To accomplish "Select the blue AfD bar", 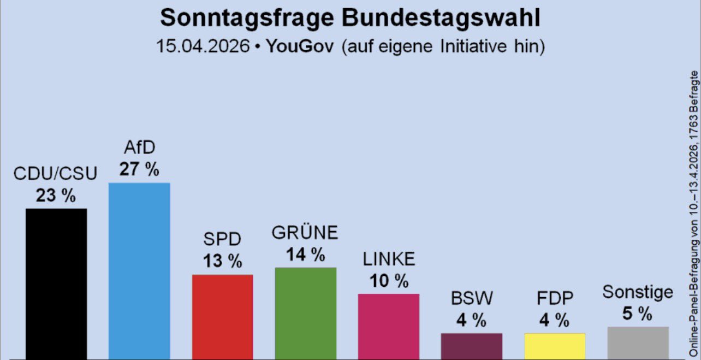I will (x=139, y=270).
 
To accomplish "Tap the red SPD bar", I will (x=222, y=316).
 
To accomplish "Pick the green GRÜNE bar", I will (x=305, y=313).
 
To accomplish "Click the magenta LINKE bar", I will (x=388, y=326).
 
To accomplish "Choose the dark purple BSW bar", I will (x=471, y=346).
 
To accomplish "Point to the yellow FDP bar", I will (x=554, y=346).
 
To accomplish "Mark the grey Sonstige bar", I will (x=637, y=343).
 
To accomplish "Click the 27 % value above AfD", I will (x=139, y=169).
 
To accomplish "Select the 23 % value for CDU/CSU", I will (x=56, y=195).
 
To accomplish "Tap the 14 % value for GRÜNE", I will (x=305, y=254).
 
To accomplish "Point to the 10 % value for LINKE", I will (x=388, y=281).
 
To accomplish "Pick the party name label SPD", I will (x=222, y=239).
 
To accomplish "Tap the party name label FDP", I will (x=554, y=298).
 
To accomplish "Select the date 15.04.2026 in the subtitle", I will (x=203, y=46).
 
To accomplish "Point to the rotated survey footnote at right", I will (x=694, y=213).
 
